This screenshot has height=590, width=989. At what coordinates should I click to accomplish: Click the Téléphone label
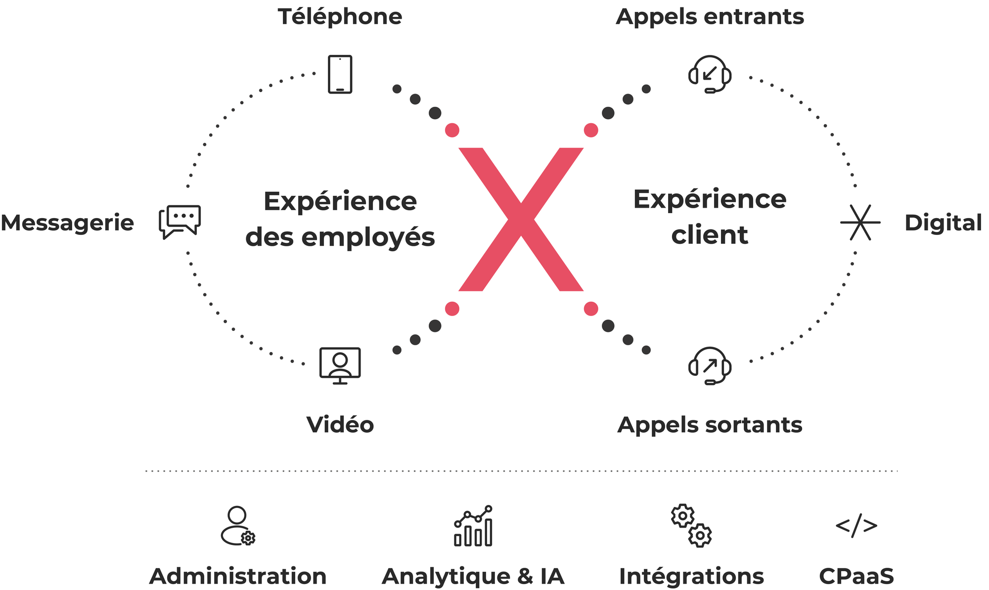pos(340,17)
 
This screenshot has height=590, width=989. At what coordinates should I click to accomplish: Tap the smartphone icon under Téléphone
pos(340,74)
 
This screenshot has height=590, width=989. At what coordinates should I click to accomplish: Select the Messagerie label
pos(67,223)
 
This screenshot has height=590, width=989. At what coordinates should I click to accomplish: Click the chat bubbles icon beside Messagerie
pos(180,222)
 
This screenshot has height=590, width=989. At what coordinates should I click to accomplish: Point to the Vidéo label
pos(340,425)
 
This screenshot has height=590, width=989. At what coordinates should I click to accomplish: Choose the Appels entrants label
pos(710,17)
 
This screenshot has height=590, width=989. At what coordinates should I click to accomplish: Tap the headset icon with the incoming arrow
pos(710,74)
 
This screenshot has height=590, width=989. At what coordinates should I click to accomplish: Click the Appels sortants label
pos(710,425)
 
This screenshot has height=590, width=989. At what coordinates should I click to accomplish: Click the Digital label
pos(943,223)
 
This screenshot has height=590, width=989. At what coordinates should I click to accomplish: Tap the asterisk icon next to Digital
pos(860,223)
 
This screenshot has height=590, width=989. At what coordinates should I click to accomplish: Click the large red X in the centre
pos(521,219)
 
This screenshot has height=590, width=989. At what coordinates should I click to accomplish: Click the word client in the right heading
pos(710,235)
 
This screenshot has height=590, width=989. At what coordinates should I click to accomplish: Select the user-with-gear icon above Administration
pos(238,526)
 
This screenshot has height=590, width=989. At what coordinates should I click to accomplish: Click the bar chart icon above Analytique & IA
pos(473,526)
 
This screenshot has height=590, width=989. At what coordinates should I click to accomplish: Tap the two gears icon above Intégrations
pos(691,526)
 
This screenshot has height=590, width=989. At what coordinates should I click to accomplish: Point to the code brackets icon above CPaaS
pos(856,525)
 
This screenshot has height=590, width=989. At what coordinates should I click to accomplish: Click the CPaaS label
pos(856,577)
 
